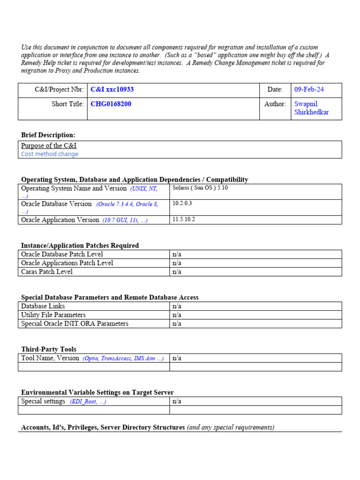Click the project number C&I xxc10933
[x=112, y=90]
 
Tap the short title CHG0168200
[x=111, y=104]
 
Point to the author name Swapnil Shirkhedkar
[x=311, y=108]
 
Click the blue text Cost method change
[x=50, y=154]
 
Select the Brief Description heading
[x=48, y=135]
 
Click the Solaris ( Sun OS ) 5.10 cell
[x=200, y=188]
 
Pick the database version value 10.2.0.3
[x=182, y=204]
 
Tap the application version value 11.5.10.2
[x=184, y=220]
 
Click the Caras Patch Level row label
[x=47, y=272]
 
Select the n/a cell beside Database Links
[x=177, y=307]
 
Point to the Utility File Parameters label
[x=53, y=315]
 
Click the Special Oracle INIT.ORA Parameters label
[x=75, y=324]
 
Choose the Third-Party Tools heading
[x=49, y=349]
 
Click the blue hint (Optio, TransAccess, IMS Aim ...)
[x=123, y=359]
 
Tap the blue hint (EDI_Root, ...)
[x=88, y=402]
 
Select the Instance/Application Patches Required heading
[x=80, y=246]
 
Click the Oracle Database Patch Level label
[x=62, y=255]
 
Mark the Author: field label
[x=275, y=104]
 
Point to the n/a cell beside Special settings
[x=177, y=401]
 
